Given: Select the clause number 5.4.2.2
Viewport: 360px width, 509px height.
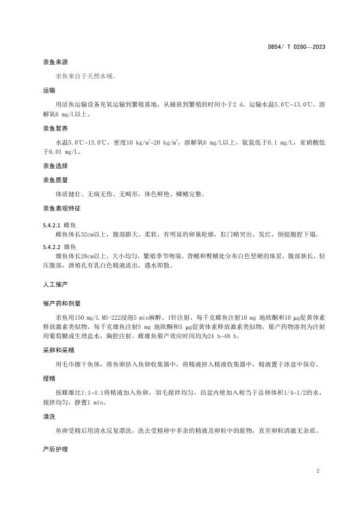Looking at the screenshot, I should click(53, 246).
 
